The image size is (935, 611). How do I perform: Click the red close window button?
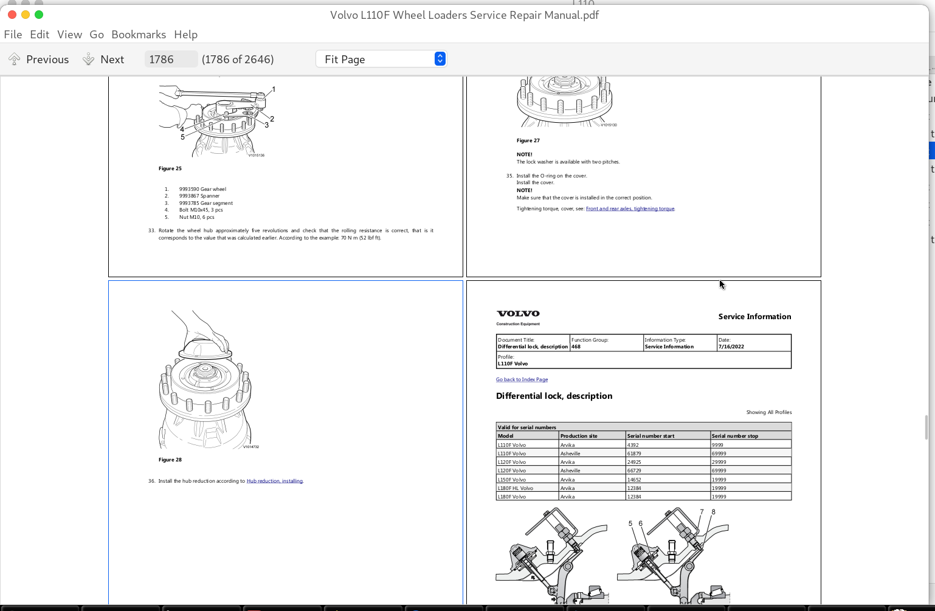[x=12, y=15]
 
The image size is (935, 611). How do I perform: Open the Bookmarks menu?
[x=139, y=35]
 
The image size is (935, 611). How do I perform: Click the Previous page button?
[x=38, y=59]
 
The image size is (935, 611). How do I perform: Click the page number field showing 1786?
[x=170, y=59]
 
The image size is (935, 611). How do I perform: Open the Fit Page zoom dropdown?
[x=381, y=59]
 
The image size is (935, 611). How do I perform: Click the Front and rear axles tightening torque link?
[x=630, y=209]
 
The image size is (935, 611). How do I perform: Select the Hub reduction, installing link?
[x=274, y=481]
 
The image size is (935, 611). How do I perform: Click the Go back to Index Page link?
[x=522, y=379]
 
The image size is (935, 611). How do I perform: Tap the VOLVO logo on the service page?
[x=518, y=314]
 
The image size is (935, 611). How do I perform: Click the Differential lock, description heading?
[x=554, y=396]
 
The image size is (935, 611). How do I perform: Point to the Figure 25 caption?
[x=170, y=168]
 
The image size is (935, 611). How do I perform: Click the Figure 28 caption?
[x=170, y=460]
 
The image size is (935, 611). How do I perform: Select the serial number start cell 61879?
[x=634, y=454]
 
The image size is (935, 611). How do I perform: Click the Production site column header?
[x=579, y=436]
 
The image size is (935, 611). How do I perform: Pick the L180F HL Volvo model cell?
[x=516, y=488]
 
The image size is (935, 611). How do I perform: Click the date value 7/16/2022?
[x=731, y=347]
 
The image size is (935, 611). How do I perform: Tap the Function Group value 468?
[x=576, y=347]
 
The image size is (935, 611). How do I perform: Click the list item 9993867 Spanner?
[x=199, y=196]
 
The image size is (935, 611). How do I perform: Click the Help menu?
[x=185, y=35]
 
